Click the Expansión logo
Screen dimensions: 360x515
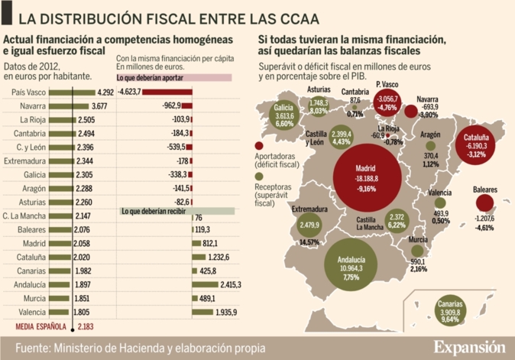[469, 346]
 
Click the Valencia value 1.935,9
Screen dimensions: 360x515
[228, 313]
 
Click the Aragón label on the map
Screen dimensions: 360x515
[429, 134]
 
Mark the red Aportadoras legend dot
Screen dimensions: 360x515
[259, 144]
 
